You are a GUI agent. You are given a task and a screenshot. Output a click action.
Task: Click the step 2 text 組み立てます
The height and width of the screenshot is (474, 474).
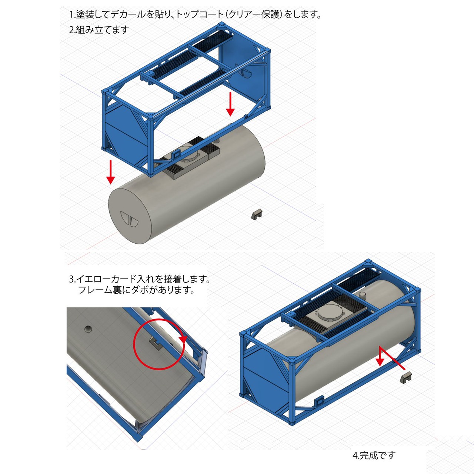102,30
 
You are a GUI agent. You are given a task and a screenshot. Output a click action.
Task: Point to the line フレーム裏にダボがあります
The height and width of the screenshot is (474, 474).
136,290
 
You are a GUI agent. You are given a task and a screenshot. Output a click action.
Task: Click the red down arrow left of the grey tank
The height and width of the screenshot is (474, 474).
110,172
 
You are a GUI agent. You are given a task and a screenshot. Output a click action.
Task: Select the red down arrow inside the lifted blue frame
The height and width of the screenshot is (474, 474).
230,104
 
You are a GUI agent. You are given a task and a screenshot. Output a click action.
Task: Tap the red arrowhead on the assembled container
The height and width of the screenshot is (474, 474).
380,361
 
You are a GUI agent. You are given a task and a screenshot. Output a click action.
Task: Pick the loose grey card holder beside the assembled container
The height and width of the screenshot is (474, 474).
406,377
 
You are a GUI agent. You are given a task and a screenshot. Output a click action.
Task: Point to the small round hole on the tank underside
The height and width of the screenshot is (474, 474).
88,328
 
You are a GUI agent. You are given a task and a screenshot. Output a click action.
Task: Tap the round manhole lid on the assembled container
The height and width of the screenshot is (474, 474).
329,313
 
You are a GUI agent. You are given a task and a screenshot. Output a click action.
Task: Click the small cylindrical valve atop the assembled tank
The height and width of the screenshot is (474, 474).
363,295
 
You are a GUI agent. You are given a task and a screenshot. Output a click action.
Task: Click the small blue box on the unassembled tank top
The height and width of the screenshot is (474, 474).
176,154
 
